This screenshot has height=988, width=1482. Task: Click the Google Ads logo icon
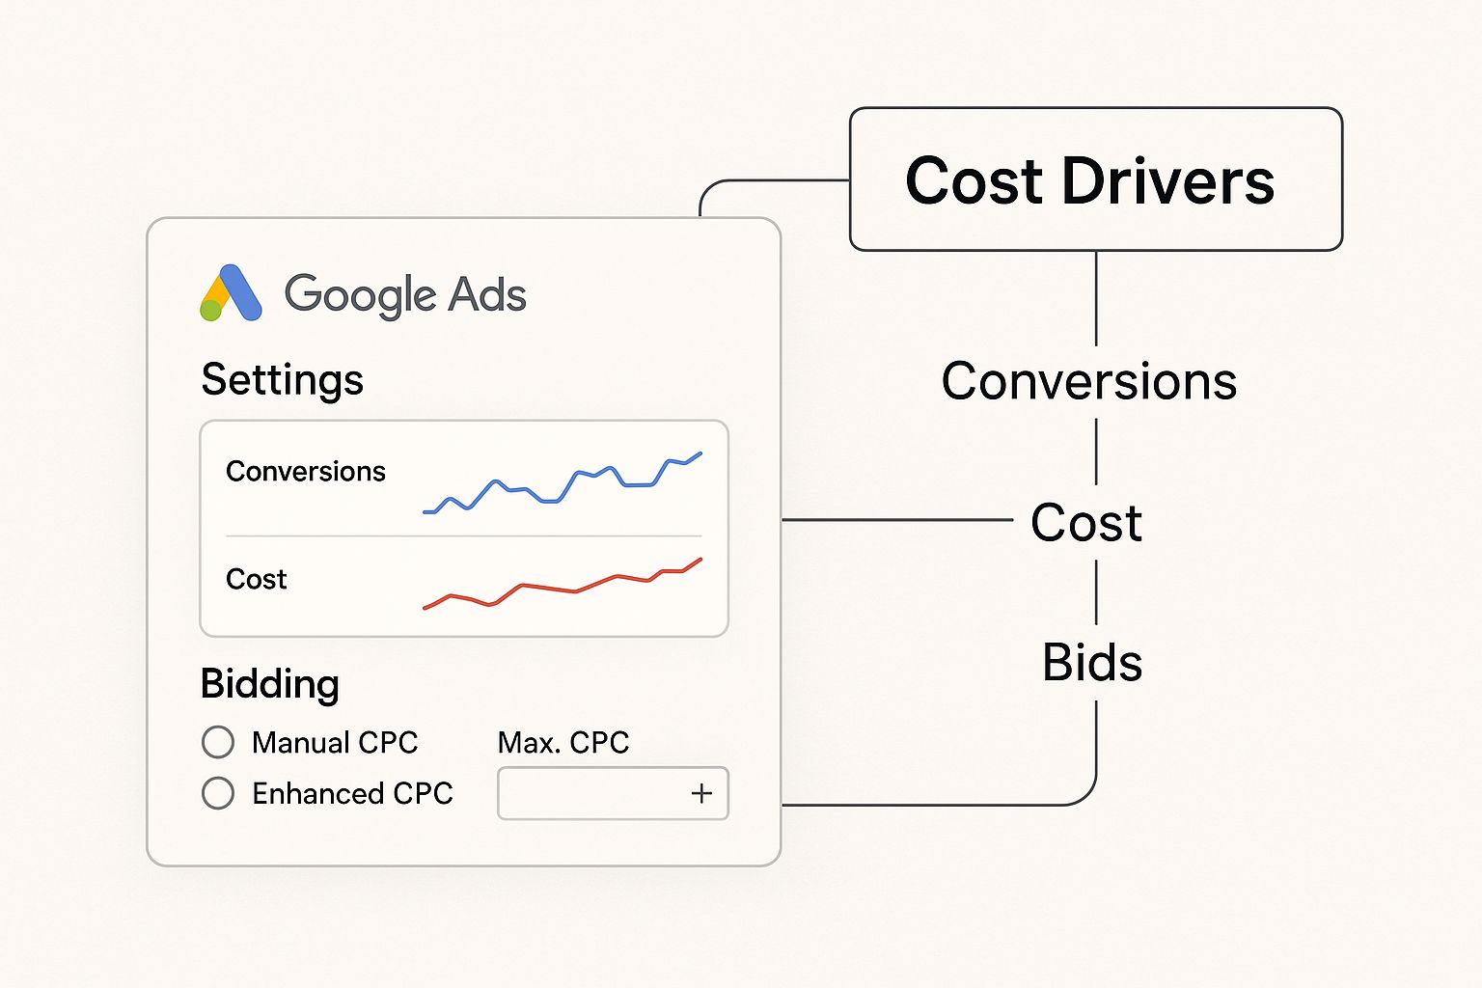coord(231,293)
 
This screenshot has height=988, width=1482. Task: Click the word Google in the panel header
coord(359,296)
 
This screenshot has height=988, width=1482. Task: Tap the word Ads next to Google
coord(487,294)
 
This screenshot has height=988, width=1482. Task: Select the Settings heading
coord(283,380)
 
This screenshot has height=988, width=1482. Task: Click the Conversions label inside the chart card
coord(305,471)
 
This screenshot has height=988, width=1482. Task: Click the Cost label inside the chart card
coord(256,579)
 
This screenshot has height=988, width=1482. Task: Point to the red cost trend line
coord(563,583)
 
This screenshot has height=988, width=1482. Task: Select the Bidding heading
coord(269,683)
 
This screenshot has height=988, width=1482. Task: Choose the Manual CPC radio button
coord(218,742)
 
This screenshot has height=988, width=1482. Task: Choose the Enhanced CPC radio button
coord(218,793)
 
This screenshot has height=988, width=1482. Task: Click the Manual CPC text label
coord(335,743)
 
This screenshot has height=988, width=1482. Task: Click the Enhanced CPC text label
coord(352,793)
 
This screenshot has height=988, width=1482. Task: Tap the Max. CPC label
coord(563,743)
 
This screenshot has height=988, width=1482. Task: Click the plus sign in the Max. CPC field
coord(701,793)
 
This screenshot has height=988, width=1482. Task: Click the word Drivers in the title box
coord(1168,181)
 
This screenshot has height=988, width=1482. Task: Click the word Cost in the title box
coord(974,181)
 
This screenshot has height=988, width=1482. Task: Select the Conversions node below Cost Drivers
coord(1089,381)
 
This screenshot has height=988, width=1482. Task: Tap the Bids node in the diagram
coord(1092,662)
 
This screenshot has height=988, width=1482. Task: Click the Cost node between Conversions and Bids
coord(1086,522)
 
